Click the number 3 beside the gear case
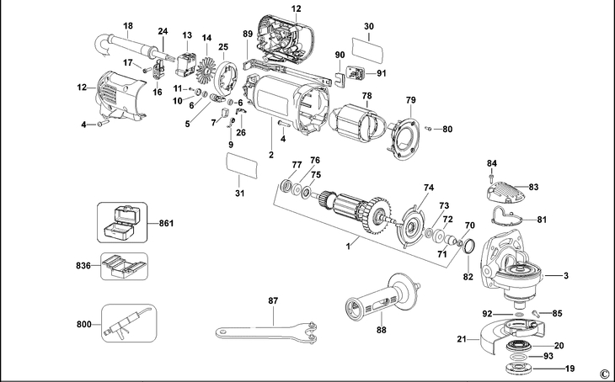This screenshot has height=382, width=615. point(566,275)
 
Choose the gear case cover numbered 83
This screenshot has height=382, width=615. point(505,191)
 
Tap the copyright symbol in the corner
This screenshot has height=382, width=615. point(604,374)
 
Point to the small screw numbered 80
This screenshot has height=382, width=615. point(429,129)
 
